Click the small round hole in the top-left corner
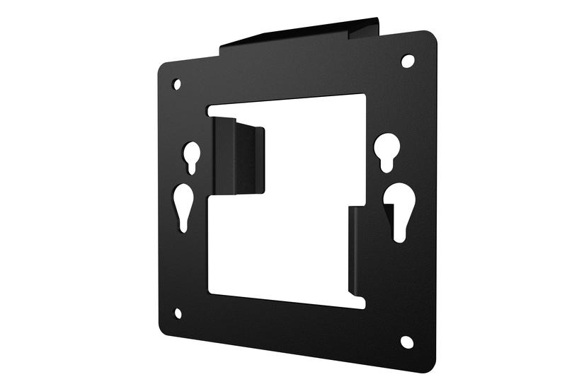(177, 84)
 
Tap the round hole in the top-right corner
(408, 61)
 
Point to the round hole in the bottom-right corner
(407, 342)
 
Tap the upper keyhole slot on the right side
(387, 150)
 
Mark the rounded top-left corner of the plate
(162, 66)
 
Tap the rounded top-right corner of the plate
(430, 36)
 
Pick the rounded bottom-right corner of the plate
(428, 364)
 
